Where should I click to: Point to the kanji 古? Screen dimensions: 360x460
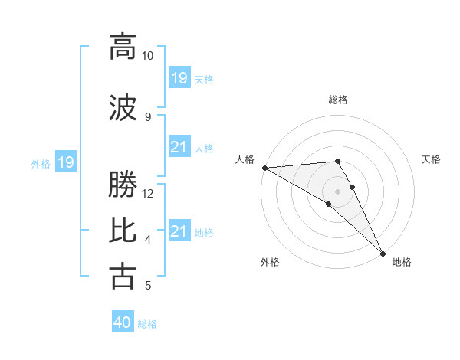click(x=123, y=275)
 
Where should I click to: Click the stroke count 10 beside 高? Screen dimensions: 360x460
click(x=148, y=56)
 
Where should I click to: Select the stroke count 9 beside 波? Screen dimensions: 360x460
click(x=148, y=116)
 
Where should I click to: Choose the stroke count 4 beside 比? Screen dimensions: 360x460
click(x=148, y=240)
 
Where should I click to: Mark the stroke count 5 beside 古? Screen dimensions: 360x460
click(x=148, y=286)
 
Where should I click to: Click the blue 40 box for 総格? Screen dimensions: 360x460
click(x=123, y=322)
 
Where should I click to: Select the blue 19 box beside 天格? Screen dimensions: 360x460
click(x=179, y=77)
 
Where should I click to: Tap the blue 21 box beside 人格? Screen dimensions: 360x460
click(x=179, y=147)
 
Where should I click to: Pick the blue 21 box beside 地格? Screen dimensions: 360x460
click(x=179, y=231)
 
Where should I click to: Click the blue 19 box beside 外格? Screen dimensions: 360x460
click(x=65, y=162)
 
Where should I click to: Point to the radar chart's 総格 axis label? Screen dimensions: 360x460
click(x=338, y=100)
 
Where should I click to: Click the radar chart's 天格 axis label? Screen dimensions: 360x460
click(x=432, y=159)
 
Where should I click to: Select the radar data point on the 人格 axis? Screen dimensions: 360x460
click(x=264, y=168)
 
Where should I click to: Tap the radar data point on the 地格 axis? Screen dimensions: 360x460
click(x=383, y=253)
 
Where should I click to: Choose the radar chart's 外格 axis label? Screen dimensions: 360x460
click(x=270, y=262)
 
